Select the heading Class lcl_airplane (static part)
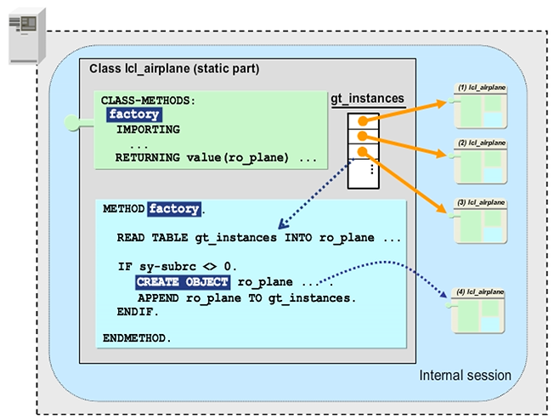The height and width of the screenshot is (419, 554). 170,67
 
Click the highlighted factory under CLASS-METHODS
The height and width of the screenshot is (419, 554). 134,115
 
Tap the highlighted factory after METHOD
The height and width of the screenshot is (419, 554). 174,208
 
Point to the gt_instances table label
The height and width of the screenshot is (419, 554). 367,99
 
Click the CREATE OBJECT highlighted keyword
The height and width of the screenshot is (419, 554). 183,281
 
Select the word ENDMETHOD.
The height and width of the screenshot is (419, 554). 137,337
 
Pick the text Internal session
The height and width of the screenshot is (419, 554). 466,375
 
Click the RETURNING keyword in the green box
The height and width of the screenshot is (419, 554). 148,158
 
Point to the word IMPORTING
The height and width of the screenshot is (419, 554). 148,129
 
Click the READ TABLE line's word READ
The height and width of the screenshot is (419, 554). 131,238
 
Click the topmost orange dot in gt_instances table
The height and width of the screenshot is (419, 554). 363,120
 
